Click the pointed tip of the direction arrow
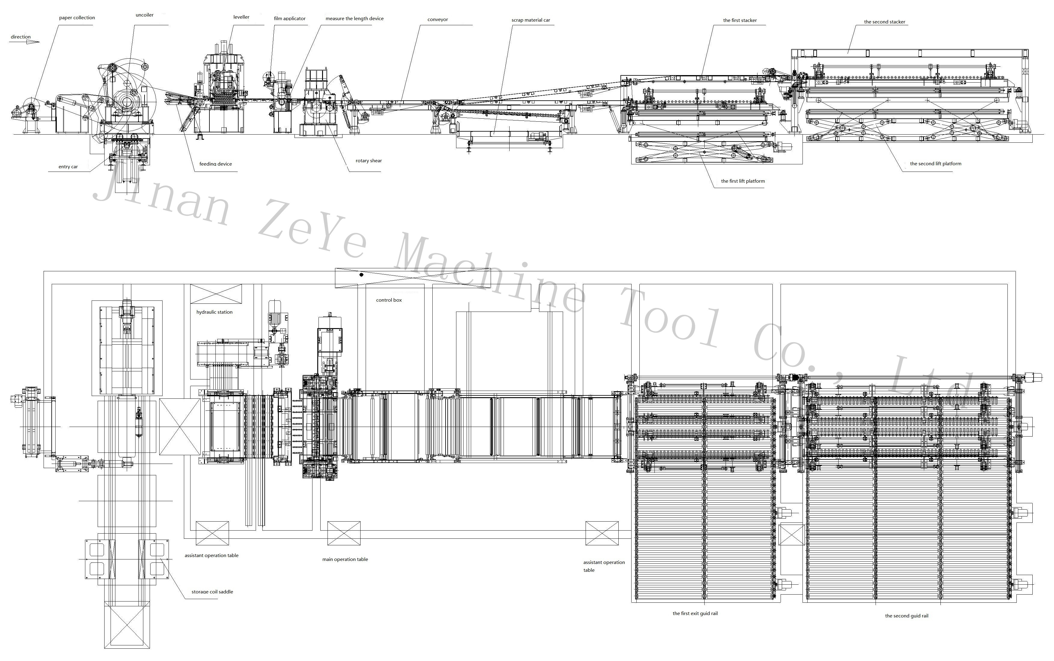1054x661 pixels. click(x=39, y=42)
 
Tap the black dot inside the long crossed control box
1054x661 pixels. click(x=361, y=275)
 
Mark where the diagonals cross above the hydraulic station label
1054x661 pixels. click(x=216, y=294)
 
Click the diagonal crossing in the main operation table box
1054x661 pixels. click(x=344, y=533)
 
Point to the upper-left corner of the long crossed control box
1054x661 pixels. click(x=335, y=268)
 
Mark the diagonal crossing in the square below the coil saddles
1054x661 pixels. click(x=127, y=624)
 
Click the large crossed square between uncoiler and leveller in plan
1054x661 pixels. click(x=180, y=426)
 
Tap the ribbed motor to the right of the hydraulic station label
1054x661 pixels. click(x=275, y=312)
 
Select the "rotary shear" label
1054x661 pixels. click(x=369, y=161)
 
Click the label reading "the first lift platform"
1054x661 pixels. click(x=743, y=181)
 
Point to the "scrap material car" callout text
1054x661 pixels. click(x=531, y=20)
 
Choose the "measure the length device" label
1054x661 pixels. click(x=355, y=18)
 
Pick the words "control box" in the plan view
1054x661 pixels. click(x=388, y=300)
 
